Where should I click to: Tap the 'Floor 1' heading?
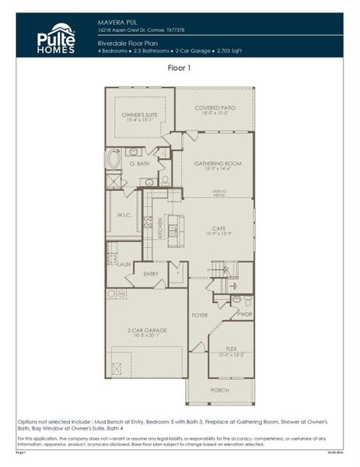point(180,68)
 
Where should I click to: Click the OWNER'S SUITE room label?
point(140,117)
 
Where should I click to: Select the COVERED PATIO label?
point(216,109)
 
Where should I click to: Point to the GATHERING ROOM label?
point(218,164)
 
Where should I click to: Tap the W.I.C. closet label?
point(124,216)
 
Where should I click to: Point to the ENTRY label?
point(151,273)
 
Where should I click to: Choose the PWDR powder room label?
point(244,314)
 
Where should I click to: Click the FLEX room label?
point(232,350)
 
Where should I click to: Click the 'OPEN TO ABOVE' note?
point(218,194)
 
